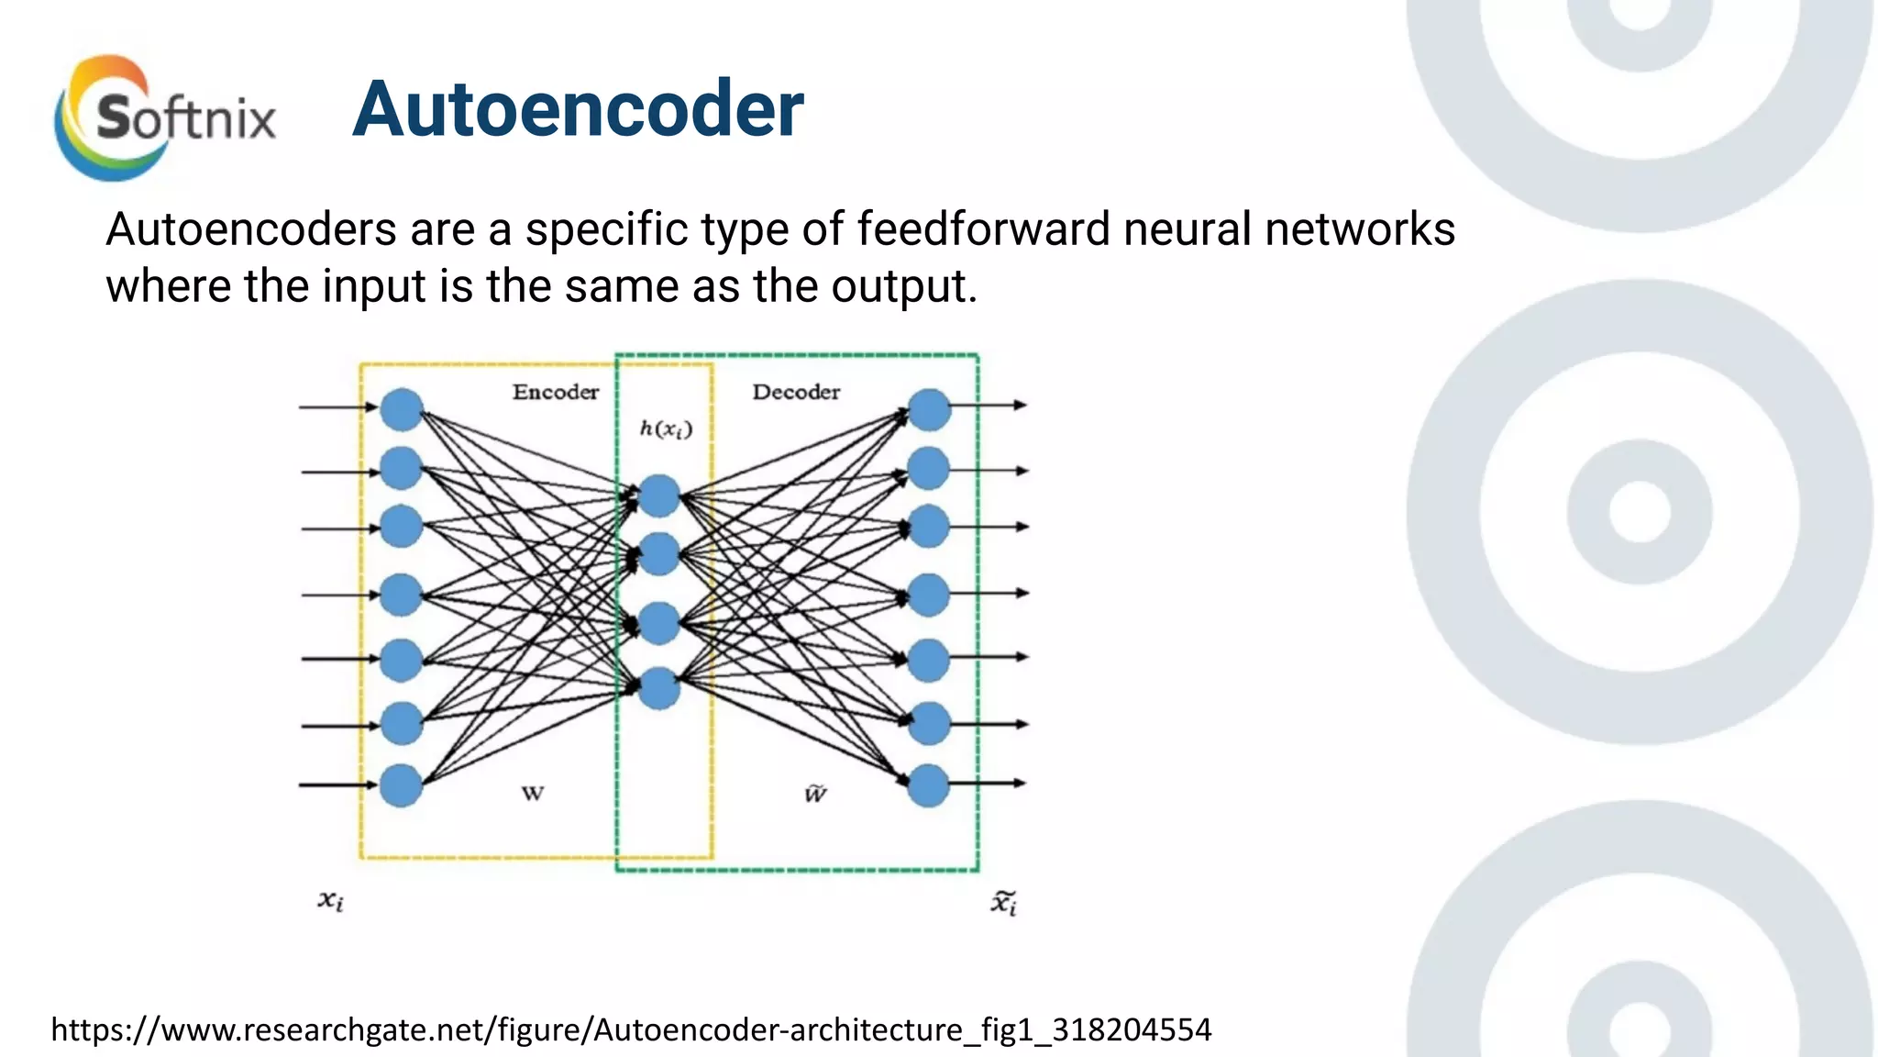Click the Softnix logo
165,117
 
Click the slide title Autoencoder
578,110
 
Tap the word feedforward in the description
983,229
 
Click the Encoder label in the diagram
555,393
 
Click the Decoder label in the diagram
796,393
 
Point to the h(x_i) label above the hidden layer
666,428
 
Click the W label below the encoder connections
533,794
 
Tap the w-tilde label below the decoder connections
815,794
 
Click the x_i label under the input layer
331,901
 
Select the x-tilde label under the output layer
1004,903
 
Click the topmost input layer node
402,409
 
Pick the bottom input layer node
402,785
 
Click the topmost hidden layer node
658,496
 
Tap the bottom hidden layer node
658,688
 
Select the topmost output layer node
929,409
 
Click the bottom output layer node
929,785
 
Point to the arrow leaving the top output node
990,405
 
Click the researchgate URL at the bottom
631,1029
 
